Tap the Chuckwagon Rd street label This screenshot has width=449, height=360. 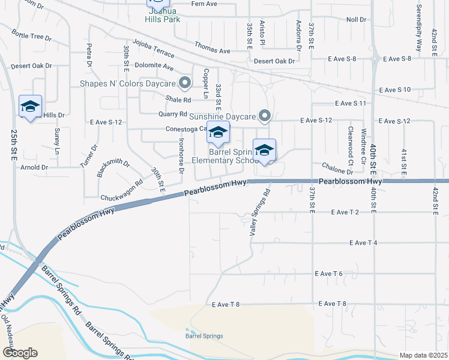122,190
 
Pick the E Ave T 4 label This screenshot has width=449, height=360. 363,242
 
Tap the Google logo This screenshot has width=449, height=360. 19,353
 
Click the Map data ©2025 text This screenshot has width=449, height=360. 423,355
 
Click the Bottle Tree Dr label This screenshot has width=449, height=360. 31,37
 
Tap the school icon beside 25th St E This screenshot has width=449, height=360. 30,106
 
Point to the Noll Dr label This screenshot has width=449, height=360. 356,20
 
